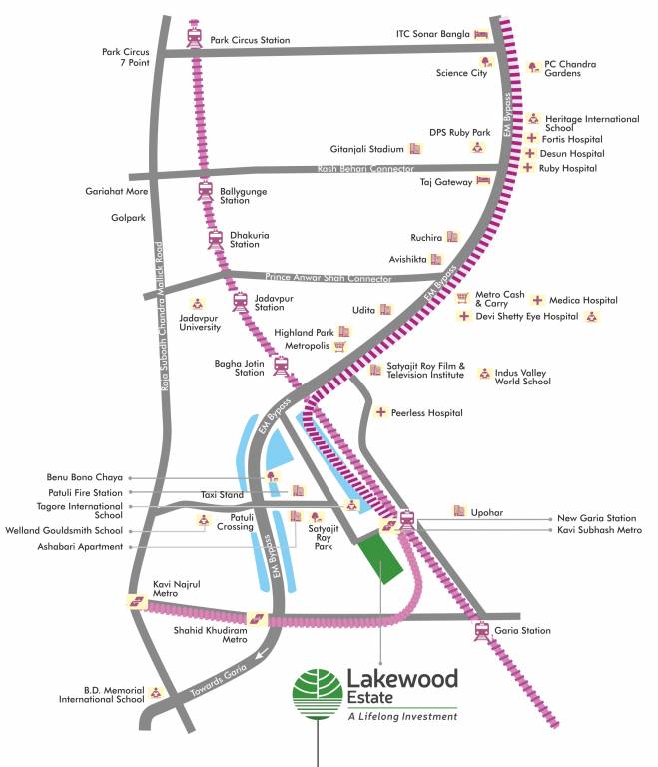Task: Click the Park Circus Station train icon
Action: pos(195,37)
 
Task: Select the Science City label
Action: pos(461,72)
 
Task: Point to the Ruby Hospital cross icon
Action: pos(528,168)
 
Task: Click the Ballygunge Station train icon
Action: pos(206,191)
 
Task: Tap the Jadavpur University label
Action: pos(200,322)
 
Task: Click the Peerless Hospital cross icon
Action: pos(380,412)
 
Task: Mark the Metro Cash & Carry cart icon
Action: pos(462,298)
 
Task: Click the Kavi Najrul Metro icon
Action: pos(137,601)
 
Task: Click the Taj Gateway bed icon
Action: pos(483,181)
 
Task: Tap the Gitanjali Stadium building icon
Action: pos(416,148)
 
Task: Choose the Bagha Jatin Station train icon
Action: pos(282,367)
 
